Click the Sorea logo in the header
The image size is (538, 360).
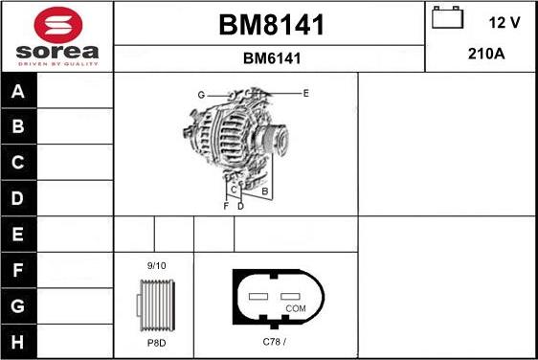click(x=56, y=36)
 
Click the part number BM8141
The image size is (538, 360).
click(x=271, y=25)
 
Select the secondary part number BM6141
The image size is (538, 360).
click(x=271, y=58)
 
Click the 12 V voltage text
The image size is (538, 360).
click(x=505, y=21)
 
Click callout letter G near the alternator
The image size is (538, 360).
click(x=202, y=94)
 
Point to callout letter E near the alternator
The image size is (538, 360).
click(x=305, y=93)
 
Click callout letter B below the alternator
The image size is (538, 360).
click(x=264, y=191)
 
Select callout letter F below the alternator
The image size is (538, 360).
click(x=226, y=206)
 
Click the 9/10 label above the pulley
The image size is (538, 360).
click(x=156, y=265)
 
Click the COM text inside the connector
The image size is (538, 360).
click(x=296, y=309)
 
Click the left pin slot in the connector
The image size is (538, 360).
click(x=258, y=297)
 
